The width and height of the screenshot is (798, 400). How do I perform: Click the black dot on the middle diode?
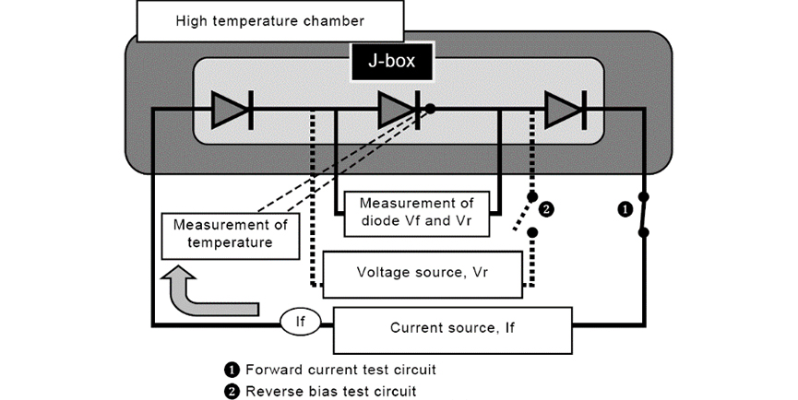coord(431,108)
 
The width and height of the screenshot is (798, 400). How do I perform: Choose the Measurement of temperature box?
coord(231,233)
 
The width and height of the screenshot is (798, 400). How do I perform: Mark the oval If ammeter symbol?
coord(300,323)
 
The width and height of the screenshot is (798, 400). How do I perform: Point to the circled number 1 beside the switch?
coord(625,209)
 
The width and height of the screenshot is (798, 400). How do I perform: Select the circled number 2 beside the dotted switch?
coord(547,209)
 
